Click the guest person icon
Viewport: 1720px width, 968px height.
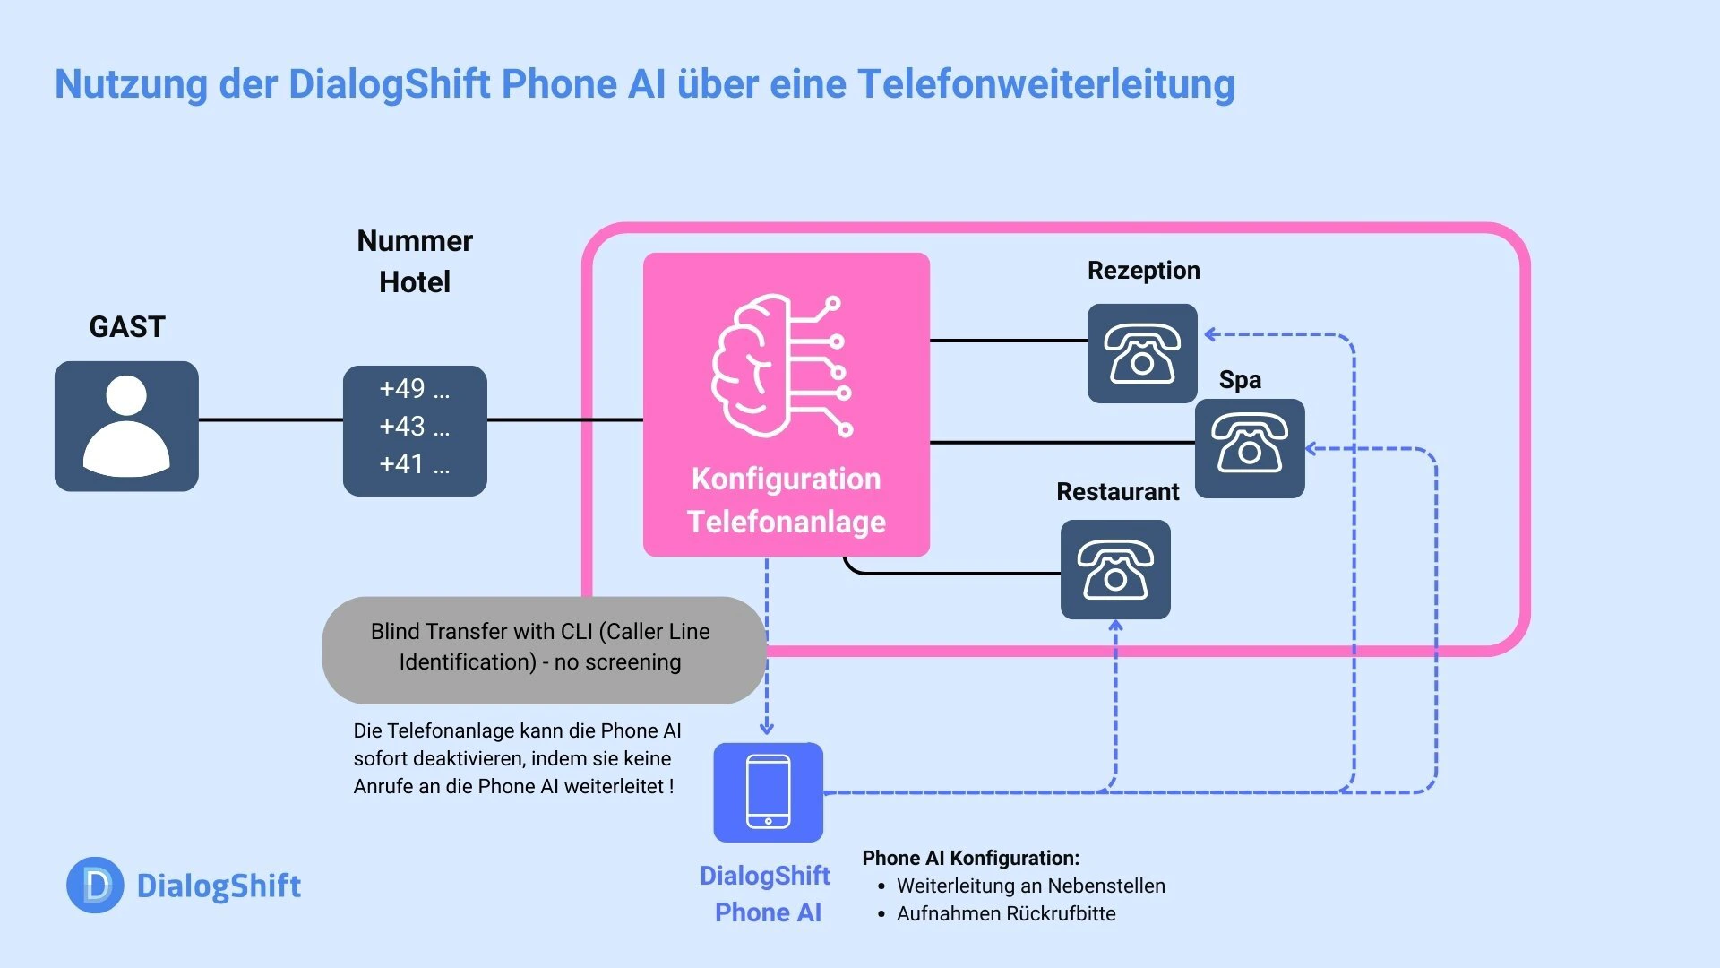tap(126, 427)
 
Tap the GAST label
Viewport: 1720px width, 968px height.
tap(127, 327)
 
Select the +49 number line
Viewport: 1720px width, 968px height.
tap(414, 389)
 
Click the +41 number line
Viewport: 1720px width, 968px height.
tap(414, 464)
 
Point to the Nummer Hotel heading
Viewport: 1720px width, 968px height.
tap(415, 261)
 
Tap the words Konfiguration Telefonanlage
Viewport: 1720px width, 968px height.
tap(787, 500)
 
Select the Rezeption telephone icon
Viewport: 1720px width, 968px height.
tap(1142, 353)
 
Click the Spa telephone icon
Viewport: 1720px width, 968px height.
tap(1250, 448)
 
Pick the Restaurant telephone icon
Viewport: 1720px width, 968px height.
tap(1115, 570)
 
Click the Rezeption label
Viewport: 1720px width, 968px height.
tap(1143, 271)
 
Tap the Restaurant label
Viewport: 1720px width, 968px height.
tap(1117, 492)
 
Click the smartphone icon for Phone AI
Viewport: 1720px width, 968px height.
tap(768, 792)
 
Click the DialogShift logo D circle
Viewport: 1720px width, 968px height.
tap(95, 886)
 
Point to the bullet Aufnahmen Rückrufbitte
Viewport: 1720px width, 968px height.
tap(1005, 914)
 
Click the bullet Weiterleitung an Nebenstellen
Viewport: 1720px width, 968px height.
tap(1030, 886)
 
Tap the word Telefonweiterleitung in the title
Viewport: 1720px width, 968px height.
tap(1045, 84)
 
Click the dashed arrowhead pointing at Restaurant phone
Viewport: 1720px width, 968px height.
tap(1115, 626)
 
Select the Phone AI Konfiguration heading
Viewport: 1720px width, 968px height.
tap(970, 859)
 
